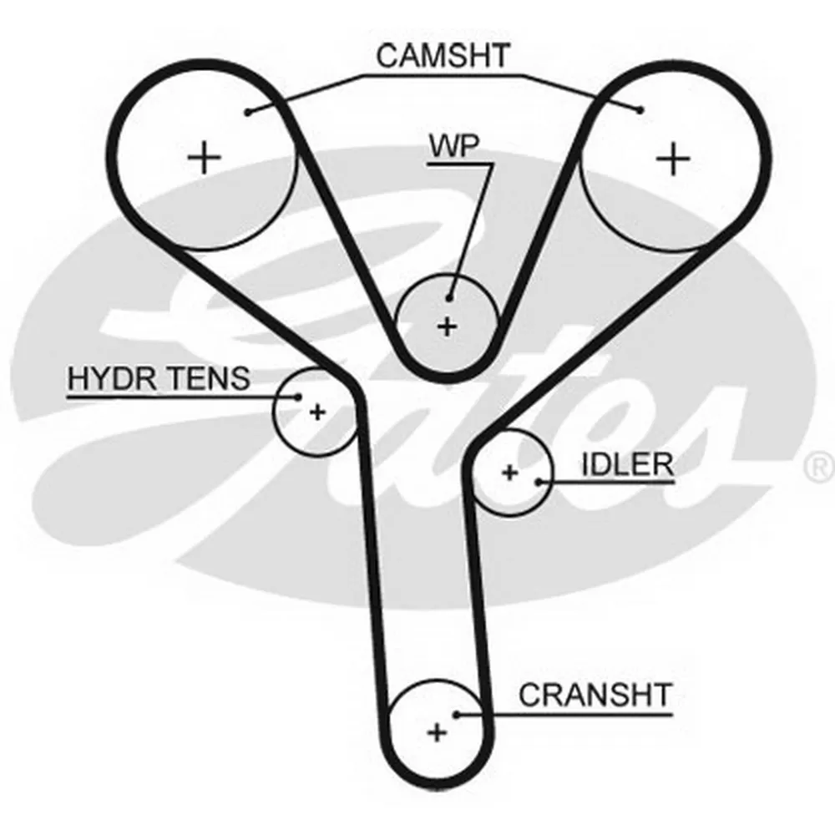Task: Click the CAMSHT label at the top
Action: point(443,57)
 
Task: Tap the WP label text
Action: point(454,145)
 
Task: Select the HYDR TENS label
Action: point(159,378)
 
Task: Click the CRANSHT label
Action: point(595,694)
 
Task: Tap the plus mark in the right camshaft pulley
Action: point(673,158)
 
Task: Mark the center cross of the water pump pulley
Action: point(448,326)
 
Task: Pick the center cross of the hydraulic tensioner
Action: point(316,411)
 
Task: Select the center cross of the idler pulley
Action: point(509,473)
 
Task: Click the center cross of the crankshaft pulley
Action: point(436,732)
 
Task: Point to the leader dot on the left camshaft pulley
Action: point(248,111)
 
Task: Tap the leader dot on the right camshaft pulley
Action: point(640,109)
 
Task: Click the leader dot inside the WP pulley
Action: point(449,298)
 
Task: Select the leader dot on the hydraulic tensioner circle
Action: point(297,396)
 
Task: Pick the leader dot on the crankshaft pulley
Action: point(458,714)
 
